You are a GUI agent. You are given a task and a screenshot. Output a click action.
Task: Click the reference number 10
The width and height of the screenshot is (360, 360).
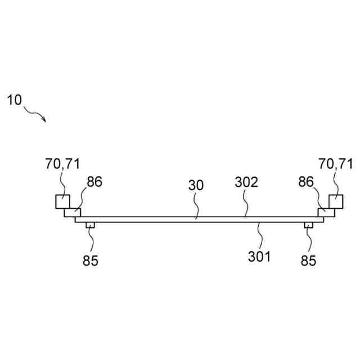point(14,101)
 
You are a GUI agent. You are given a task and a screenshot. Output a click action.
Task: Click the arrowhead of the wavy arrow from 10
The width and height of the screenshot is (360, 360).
point(43,119)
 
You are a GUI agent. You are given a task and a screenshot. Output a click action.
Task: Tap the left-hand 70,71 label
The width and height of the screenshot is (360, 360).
point(62,164)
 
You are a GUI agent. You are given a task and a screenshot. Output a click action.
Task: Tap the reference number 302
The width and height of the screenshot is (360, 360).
point(246,182)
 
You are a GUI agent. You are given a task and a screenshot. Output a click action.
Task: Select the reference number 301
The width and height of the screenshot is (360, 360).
point(259,257)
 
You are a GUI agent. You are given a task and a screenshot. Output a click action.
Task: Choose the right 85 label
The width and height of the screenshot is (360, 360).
point(308,261)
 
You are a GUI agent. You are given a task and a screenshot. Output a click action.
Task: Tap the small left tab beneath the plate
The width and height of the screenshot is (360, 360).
point(89,226)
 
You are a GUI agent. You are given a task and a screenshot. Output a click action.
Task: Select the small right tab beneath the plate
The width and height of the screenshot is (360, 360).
point(308,226)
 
